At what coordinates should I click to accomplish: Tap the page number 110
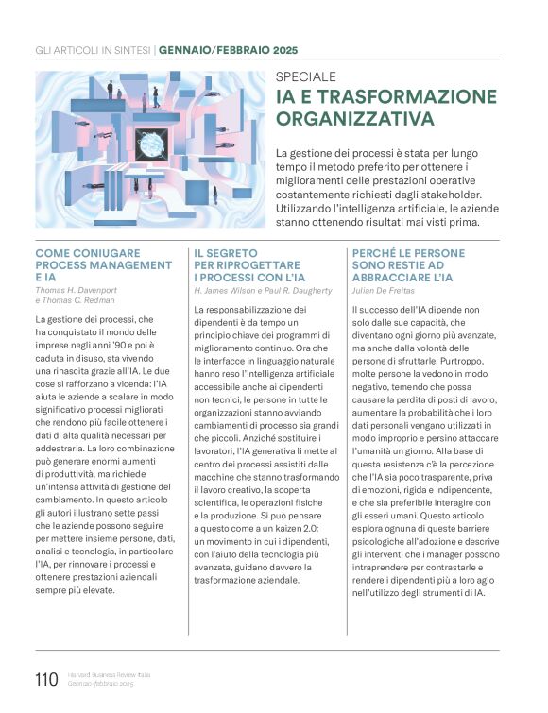tap(45, 678)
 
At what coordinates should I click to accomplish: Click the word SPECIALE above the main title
tap(305, 76)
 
